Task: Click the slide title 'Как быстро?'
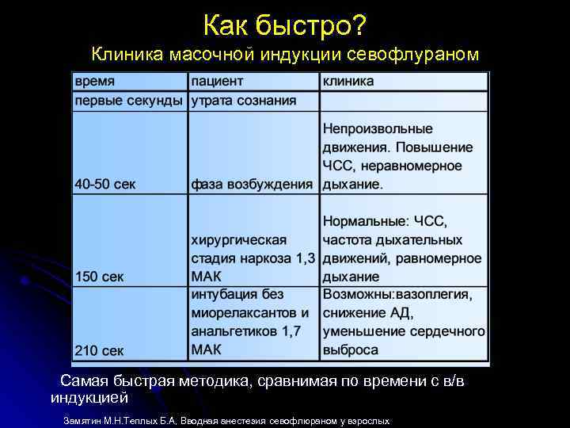click(x=284, y=25)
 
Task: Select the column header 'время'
click(x=95, y=82)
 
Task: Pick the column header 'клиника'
click(x=348, y=82)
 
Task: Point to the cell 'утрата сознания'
click(x=244, y=101)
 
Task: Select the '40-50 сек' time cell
click(x=105, y=185)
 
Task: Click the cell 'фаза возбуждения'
click(x=253, y=185)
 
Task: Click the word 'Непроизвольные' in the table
click(x=378, y=128)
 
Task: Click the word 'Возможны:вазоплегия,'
click(x=397, y=295)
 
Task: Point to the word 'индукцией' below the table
click(x=89, y=396)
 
